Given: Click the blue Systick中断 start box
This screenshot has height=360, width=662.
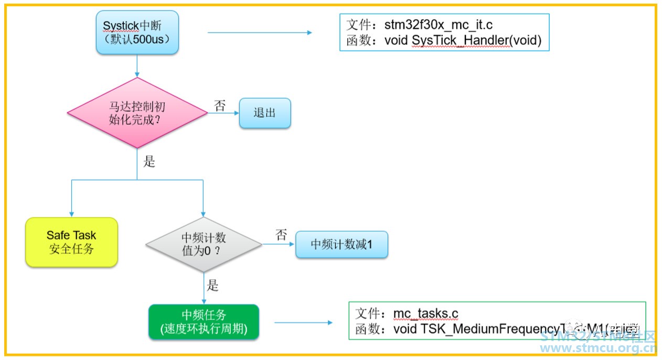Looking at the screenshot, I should (137, 31).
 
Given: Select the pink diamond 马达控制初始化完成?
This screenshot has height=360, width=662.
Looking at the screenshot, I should (137, 113).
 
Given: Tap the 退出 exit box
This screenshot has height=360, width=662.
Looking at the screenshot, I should (265, 113).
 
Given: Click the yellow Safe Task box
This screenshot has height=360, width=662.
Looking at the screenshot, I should (71, 242).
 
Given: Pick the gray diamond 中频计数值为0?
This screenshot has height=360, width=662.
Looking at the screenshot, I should (204, 245).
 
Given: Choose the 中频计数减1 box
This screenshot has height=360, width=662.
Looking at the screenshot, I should (341, 245).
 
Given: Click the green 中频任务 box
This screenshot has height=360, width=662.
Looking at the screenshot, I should (204, 322).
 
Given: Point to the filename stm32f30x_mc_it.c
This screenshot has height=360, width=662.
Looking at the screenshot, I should (439, 25).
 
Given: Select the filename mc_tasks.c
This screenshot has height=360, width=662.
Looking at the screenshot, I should (425, 314).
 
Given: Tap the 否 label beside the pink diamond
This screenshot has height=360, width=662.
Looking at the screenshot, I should (220, 105).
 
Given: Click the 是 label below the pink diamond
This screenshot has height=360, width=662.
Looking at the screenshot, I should (150, 162).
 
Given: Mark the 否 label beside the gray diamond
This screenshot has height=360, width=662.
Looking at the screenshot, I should (282, 235).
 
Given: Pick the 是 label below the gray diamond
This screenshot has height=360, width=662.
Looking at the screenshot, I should (212, 285).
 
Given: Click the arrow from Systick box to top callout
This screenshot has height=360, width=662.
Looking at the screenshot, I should (260, 33).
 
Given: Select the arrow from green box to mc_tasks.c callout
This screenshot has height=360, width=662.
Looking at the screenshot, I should (303, 322).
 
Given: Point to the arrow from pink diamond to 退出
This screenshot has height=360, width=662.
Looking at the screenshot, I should (223, 113).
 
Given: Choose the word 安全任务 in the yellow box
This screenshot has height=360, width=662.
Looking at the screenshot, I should (71, 249).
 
